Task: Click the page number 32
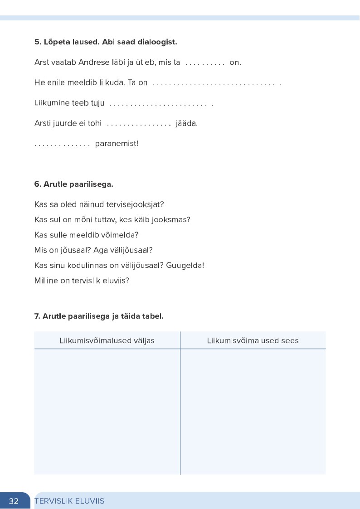14,501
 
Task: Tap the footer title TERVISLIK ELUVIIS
69,501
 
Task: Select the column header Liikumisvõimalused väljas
107,340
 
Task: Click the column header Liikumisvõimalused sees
253,340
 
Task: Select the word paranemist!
117,144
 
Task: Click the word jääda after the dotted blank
186,123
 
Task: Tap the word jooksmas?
172,220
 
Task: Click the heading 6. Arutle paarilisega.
73,184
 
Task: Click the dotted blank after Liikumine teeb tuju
161,104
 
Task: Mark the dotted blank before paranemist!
63,145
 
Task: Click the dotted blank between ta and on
205,63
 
